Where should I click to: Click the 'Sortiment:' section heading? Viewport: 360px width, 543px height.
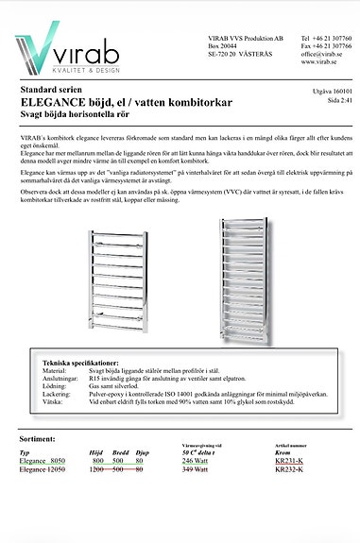(x=43, y=439)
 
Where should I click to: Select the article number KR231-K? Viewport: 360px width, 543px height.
(x=289, y=460)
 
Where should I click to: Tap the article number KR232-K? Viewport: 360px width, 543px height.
(x=289, y=469)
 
